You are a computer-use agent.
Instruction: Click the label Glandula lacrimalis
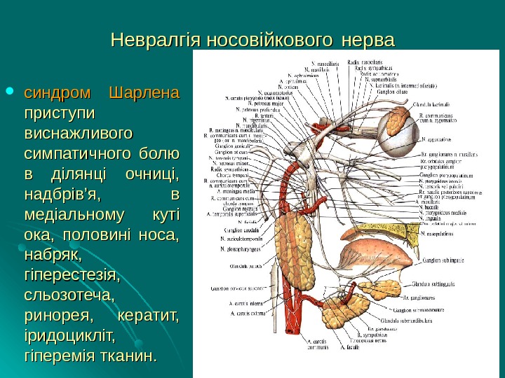(434, 102)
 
